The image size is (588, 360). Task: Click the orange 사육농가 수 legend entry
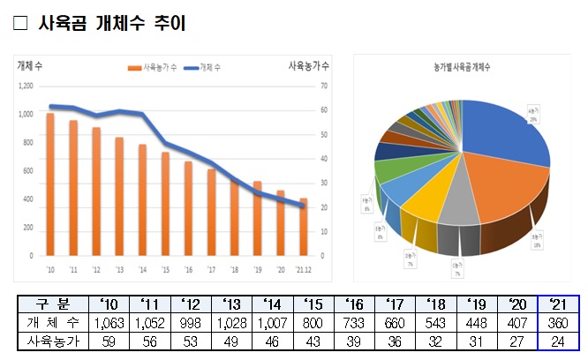(154, 67)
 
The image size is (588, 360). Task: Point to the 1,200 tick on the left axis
(25, 86)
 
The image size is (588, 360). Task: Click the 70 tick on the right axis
(325, 86)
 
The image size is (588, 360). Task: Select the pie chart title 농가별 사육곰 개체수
(463, 67)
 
